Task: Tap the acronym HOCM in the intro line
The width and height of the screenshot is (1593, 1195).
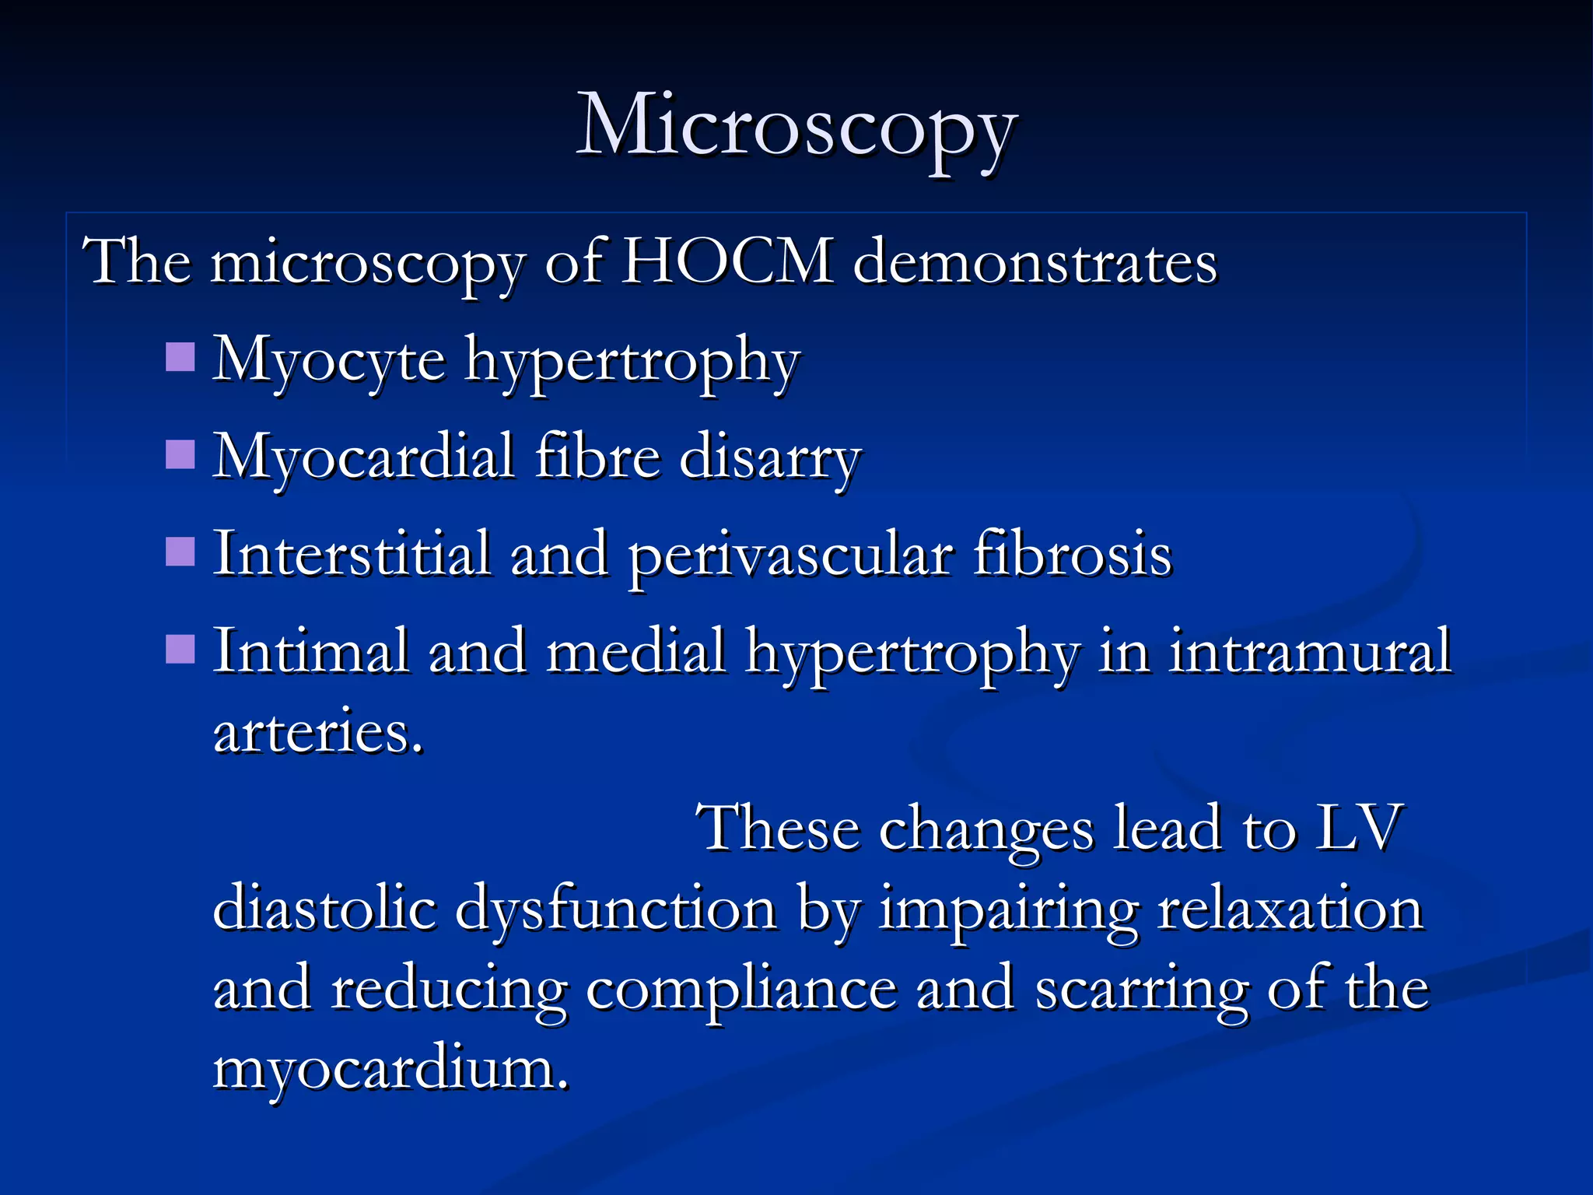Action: tap(727, 262)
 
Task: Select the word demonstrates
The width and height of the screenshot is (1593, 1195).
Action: tap(1035, 262)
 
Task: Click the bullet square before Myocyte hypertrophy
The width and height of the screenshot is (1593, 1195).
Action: tap(180, 358)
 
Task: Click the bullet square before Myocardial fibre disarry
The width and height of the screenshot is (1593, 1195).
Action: tap(180, 455)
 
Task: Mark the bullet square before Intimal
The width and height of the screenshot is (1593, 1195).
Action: tap(180, 650)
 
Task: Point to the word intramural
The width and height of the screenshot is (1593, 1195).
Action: tap(1310, 652)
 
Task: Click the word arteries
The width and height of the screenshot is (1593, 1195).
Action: tap(317, 733)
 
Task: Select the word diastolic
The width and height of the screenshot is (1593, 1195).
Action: tap(324, 909)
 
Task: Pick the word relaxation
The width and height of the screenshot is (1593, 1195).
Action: tap(1290, 909)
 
